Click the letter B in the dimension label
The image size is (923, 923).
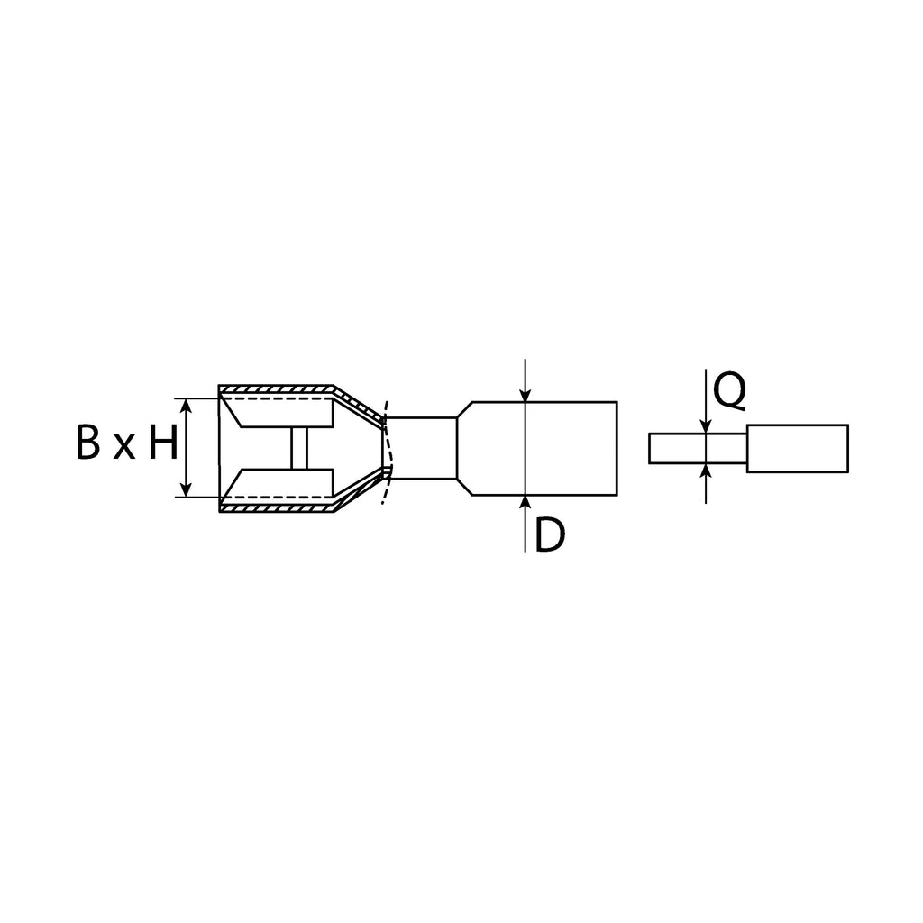coord(88,443)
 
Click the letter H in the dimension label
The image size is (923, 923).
coord(163,443)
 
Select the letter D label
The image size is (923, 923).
coord(550,535)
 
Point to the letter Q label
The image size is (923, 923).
coord(729,391)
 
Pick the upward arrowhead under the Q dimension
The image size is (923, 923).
coord(706,471)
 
